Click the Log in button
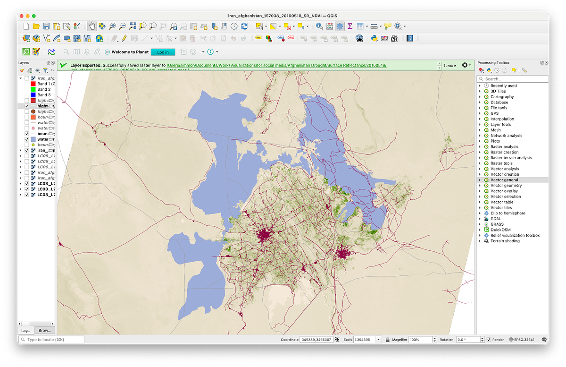pos(163,52)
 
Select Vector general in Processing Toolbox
pos(504,180)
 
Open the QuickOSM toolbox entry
pos(501,230)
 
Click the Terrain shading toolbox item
pos(505,241)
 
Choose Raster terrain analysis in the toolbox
pos(511,158)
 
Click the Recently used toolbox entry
pos(503,86)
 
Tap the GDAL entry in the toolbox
pos(496,219)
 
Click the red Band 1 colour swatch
pos(33,84)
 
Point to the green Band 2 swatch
pos(33,89)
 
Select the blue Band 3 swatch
pos(33,95)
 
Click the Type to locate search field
pos(51,340)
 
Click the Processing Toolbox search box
pos(513,79)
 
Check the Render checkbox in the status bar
pos(489,340)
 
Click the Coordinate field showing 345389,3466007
pos(316,340)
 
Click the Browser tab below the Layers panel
pos(45,331)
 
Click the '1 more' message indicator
pos(449,66)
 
